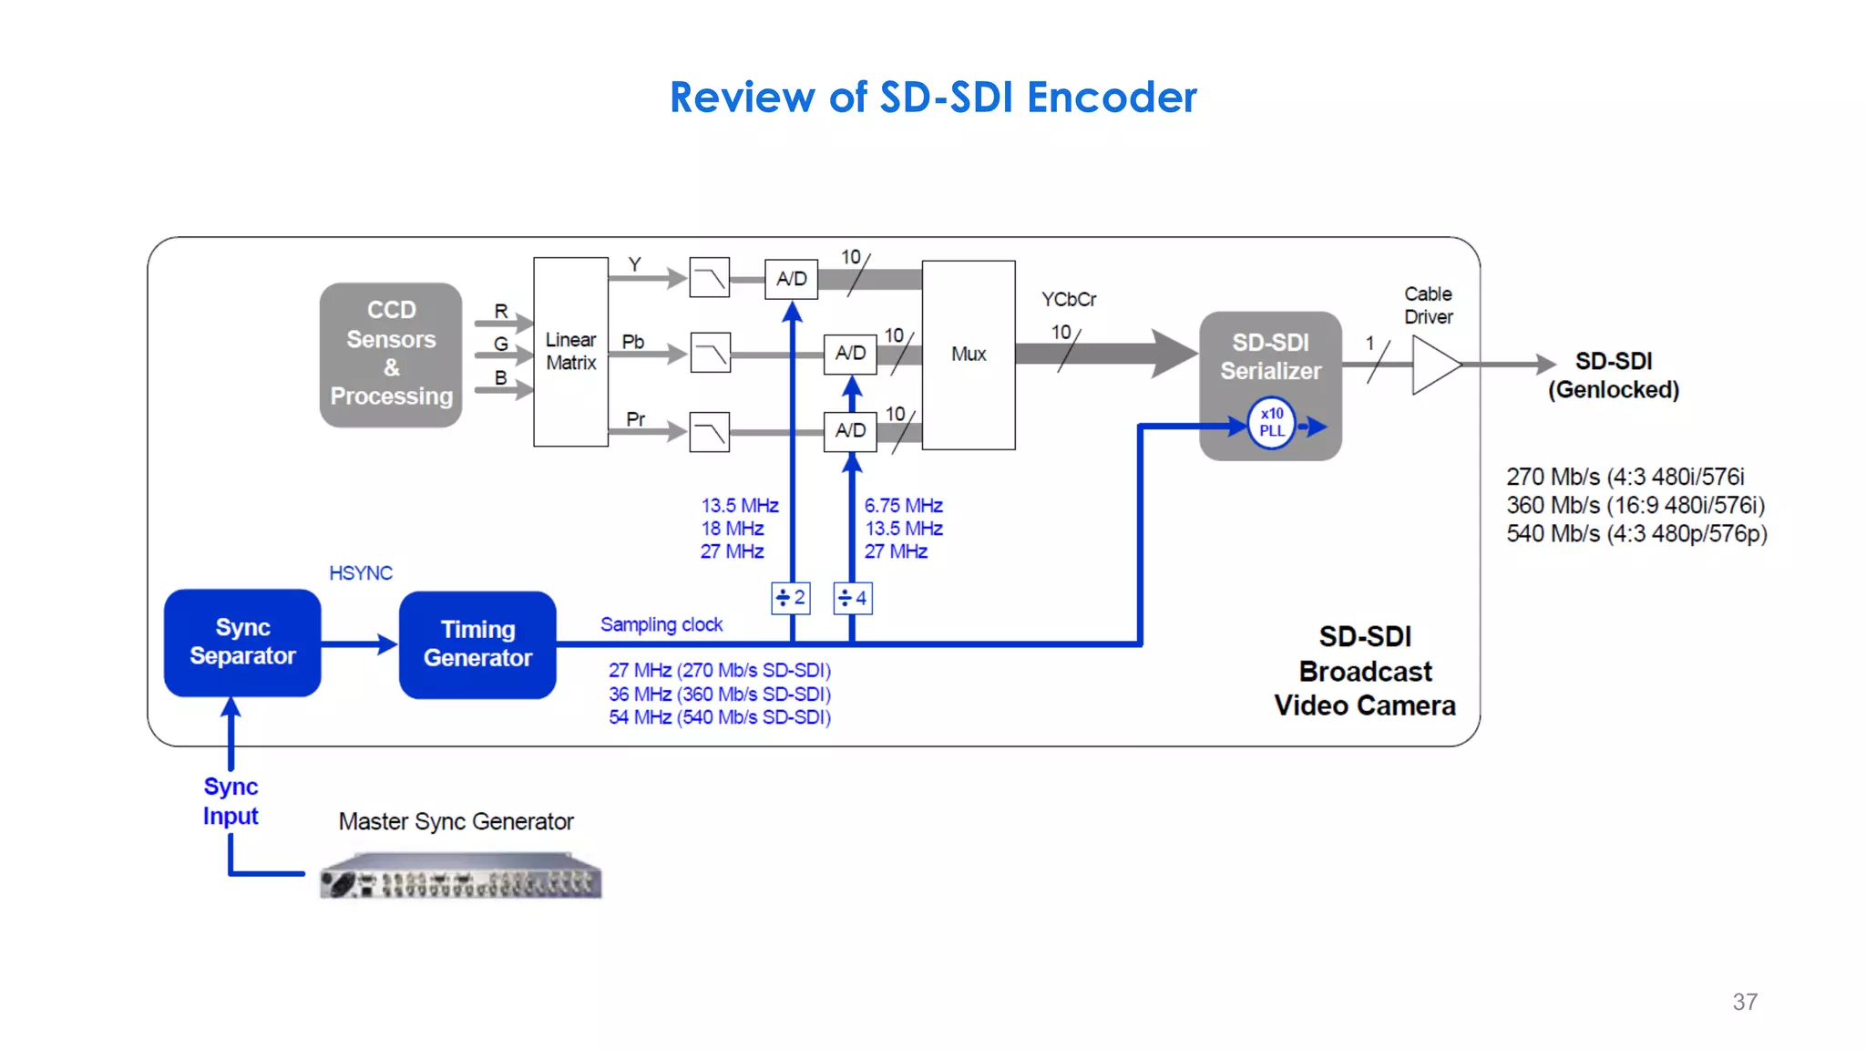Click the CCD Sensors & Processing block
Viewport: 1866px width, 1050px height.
click(391, 354)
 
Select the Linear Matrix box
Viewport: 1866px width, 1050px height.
click(570, 352)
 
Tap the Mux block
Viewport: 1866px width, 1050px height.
click(969, 355)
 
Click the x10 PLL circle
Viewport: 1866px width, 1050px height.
click(1271, 423)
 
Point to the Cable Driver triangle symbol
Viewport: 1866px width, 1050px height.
click(1433, 365)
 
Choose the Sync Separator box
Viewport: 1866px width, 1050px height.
click(242, 643)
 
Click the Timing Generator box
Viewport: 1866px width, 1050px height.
click(477, 644)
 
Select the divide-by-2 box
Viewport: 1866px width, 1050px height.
click(791, 598)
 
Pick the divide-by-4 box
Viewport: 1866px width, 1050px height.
click(853, 599)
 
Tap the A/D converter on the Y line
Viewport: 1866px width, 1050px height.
click(791, 279)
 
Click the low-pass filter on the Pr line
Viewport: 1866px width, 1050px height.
click(710, 432)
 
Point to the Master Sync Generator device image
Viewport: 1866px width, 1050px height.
click(461, 877)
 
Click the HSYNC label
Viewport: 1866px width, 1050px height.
click(361, 573)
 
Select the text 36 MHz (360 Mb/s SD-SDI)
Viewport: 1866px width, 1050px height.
click(720, 695)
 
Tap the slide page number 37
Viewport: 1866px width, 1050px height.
click(1744, 1002)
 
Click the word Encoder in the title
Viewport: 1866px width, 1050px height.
click(1112, 98)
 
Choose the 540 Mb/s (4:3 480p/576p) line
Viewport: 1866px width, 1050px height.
click(1636, 534)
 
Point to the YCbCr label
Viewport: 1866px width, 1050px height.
click(1069, 300)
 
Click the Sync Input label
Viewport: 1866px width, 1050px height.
click(231, 801)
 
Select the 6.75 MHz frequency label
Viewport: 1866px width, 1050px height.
click(903, 506)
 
